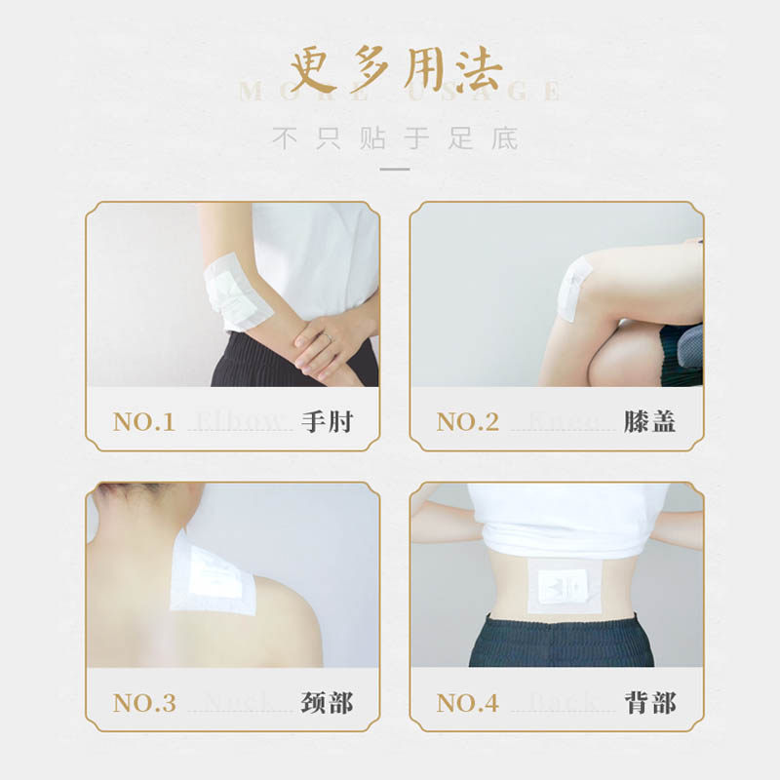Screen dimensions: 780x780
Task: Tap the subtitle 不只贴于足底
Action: tap(395, 138)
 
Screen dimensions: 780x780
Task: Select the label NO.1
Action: tap(143, 422)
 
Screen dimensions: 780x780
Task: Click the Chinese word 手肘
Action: tap(326, 422)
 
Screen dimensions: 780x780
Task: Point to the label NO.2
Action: tap(467, 422)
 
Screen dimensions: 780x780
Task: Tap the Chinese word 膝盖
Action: tap(649, 422)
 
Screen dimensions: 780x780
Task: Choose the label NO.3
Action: tap(143, 702)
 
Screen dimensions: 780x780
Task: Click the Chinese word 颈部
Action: tap(326, 702)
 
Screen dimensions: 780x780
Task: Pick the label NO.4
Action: tap(467, 702)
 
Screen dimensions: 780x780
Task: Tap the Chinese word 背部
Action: tap(649, 702)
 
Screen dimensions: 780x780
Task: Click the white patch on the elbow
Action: tap(237, 291)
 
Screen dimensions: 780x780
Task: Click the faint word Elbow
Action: tap(242, 422)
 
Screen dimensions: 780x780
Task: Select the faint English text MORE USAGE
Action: tap(400, 94)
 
